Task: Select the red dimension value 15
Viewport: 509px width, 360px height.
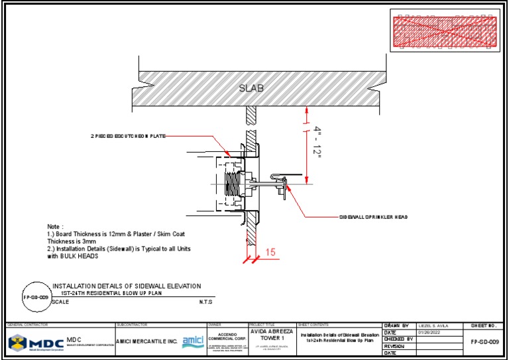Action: [x=270, y=252]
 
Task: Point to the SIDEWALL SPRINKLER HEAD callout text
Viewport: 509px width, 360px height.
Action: [x=373, y=217]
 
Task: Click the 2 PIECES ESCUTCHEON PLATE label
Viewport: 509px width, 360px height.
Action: [x=127, y=136]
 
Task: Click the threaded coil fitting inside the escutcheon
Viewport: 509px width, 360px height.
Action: [x=233, y=184]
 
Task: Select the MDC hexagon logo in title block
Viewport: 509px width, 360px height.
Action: [x=19, y=342]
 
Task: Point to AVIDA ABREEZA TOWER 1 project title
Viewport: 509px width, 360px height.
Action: [x=270, y=335]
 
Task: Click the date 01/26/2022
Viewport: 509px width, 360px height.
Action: [x=429, y=332]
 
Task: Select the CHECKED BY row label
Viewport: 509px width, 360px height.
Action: [x=399, y=339]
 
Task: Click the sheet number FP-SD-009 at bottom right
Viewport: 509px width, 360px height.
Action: [x=484, y=342]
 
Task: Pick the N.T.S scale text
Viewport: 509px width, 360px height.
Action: [x=206, y=302]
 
